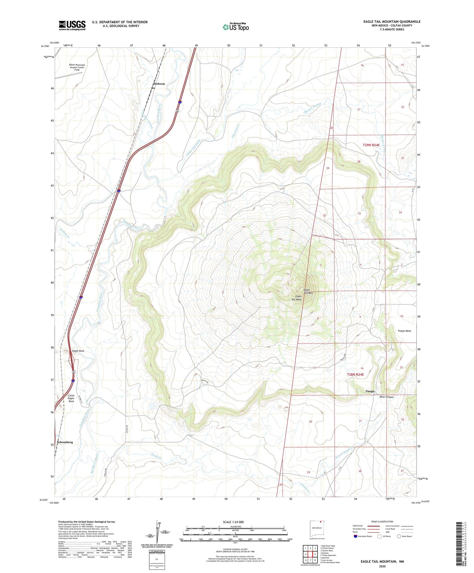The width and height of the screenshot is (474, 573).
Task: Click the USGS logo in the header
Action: coord(72,25)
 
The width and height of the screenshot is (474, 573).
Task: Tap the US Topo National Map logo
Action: coord(235,27)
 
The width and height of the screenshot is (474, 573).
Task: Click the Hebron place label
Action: coord(160,84)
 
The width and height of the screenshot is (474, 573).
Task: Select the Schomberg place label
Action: coord(65,442)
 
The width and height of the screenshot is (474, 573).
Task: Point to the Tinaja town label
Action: coord(370,391)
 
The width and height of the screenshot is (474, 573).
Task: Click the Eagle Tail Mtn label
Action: coord(308,291)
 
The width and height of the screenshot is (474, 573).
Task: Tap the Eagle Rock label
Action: coord(78,351)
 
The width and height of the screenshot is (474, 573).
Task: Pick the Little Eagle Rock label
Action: coord(71,398)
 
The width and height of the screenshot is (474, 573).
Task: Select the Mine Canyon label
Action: coord(386,397)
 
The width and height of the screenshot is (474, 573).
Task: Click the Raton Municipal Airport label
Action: coord(77,67)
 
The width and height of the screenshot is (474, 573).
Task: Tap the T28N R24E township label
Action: coord(355,375)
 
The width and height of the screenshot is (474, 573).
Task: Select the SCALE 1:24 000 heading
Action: coord(235,522)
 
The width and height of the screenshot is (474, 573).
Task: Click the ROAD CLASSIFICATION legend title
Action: coord(382,521)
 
